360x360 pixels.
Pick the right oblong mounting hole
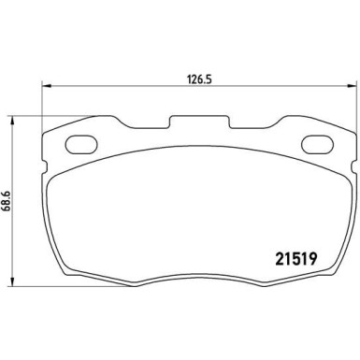click(318, 145)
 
